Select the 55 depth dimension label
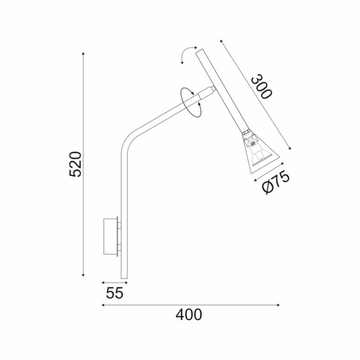tap(114, 293)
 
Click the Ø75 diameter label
tap(276, 182)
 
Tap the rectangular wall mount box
tap(111, 236)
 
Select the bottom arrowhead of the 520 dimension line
tap(83, 275)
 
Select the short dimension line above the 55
tap(114, 282)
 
